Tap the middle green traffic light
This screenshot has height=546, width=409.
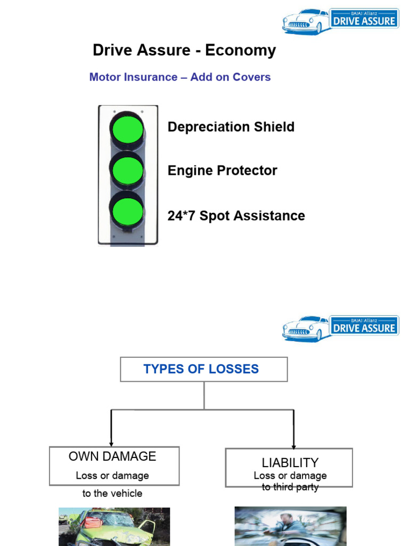127,171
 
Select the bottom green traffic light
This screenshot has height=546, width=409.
127,211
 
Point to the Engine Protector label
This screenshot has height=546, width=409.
222,171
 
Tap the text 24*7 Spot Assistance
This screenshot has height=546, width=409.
236,216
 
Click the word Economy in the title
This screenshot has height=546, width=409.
241,51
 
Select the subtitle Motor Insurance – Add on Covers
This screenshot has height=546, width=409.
180,77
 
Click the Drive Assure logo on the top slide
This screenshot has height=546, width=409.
340,21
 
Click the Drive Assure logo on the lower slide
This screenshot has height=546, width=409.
340,328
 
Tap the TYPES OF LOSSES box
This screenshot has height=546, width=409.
203,369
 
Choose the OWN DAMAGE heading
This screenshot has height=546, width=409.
112,456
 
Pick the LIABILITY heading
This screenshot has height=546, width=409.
290,462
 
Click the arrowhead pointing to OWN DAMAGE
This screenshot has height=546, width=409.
111,443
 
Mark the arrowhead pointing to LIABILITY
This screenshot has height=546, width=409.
293,446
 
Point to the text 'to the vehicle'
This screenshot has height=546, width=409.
112,493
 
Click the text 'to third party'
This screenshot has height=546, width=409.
290,487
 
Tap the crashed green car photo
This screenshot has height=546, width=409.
114,527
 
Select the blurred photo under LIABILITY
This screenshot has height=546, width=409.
290,526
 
